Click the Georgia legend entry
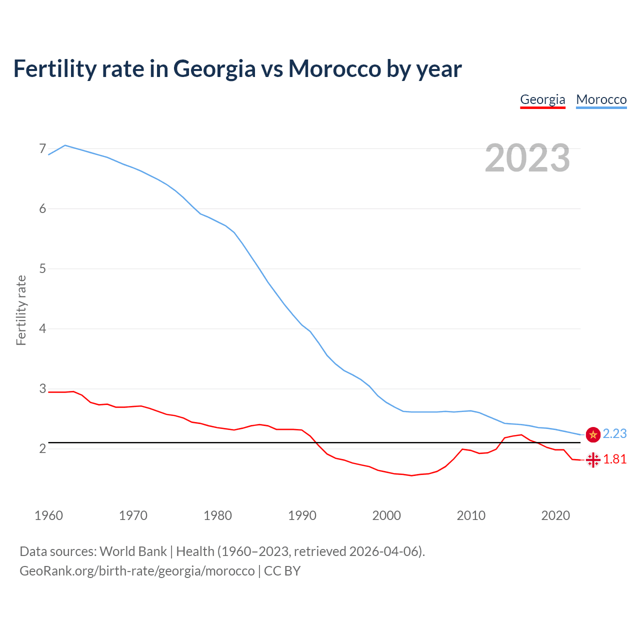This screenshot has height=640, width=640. (542, 99)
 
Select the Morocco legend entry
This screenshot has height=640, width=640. (601, 99)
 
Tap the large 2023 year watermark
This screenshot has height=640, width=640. (527, 158)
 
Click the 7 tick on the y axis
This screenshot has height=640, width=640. (42, 148)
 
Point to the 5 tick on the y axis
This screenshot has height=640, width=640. (42, 268)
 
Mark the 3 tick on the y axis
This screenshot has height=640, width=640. (42, 388)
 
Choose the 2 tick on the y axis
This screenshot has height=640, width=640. (42, 448)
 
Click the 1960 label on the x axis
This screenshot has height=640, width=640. (48, 515)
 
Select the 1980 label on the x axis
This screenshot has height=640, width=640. (217, 515)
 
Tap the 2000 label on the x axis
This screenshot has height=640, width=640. (386, 515)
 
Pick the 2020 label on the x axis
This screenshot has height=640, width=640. (555, 515)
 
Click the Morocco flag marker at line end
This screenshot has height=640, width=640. (593, 435)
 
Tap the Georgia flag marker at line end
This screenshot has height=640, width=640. (593, 459)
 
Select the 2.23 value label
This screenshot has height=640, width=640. (614, 434)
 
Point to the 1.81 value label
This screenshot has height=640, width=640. (614, 459)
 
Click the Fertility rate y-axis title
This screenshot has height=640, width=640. (21, 310)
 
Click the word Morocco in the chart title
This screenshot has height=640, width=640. (334, 69)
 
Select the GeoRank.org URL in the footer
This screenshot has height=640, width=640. (137, 571)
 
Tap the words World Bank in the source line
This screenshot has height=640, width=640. (133, 551)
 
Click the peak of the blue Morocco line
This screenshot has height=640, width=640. (65, 145)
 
